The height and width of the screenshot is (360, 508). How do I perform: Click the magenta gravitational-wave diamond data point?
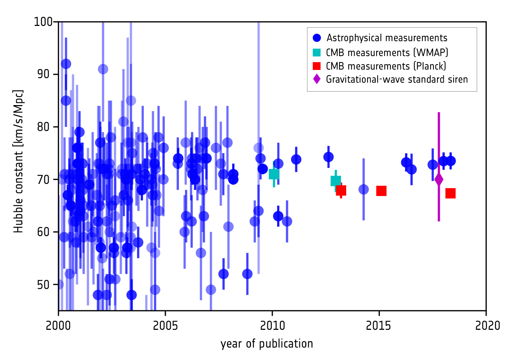coord(439,179)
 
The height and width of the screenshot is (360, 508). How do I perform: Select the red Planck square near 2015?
coord(381,191)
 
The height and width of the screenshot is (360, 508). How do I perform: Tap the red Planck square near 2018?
coord(450,193)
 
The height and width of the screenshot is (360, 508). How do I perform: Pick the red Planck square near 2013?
coord(341,190)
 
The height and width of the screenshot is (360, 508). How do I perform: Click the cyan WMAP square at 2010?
coord(274,174)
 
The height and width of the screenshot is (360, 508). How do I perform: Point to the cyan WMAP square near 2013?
coord(335,181)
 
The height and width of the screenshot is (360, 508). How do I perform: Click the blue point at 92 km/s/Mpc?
coord(66,64)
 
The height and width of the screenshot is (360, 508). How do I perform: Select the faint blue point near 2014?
coord(364,189)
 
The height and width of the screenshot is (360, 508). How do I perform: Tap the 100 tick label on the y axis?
coord(43,22)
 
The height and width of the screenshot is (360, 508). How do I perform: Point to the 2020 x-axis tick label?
coord(486,326)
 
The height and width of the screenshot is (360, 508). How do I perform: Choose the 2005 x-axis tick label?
coord(165,326)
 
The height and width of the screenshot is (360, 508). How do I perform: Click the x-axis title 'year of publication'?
coord(267,344)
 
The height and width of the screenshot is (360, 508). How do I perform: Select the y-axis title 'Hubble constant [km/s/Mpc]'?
coord(18,162)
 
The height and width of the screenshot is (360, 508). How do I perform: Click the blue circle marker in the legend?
coord(317,38)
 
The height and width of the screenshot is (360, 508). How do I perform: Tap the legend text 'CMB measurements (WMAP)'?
coord(387,53)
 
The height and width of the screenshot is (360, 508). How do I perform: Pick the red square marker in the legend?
coord(317,66)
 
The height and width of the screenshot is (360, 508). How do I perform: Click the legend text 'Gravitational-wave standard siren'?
coord(397,79)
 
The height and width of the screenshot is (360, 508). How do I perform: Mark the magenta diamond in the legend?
coord(317,79)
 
